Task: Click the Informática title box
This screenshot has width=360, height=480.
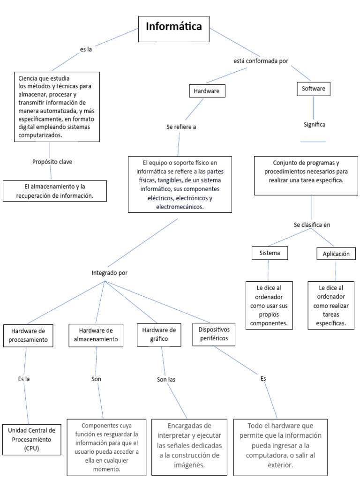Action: tap(173, 27)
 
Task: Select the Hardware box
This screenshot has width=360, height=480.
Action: tap(206, 91)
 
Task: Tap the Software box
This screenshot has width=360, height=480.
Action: tap(314, 89)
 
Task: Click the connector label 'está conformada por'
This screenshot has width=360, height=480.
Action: tap(261, 61)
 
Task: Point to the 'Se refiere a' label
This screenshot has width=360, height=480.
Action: tap(181, 127)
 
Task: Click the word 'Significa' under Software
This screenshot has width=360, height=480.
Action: tap(314, 125)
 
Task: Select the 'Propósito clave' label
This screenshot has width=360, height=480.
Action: tap(52, 162)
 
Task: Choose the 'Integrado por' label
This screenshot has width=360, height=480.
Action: tap(109, 272)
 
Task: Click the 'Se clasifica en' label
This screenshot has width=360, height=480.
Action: tap(312, 225)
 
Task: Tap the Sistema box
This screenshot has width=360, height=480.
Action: tap(270, 253)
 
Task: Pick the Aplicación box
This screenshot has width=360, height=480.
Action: tap(336, 254)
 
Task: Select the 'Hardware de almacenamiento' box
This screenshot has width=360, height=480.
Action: tap(96, 335)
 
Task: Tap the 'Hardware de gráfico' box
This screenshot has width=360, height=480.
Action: tap(159, 334)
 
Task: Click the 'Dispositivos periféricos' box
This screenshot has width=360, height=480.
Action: tap(214, 333)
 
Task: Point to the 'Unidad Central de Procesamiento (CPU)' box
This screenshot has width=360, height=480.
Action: tap(31, 440)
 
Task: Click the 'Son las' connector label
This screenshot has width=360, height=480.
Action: tap(166, 379)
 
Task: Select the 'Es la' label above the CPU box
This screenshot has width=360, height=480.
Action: tap(24, 379)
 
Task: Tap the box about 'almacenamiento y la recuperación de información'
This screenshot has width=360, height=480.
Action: tap(55, 191)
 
